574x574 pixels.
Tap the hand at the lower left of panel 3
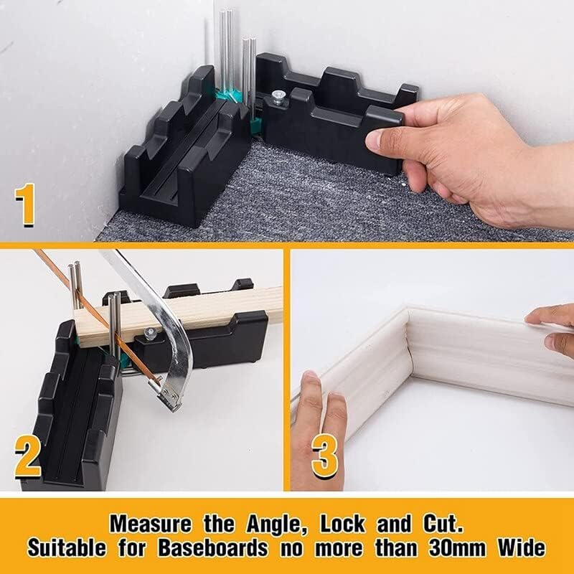(x=319, y=430)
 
